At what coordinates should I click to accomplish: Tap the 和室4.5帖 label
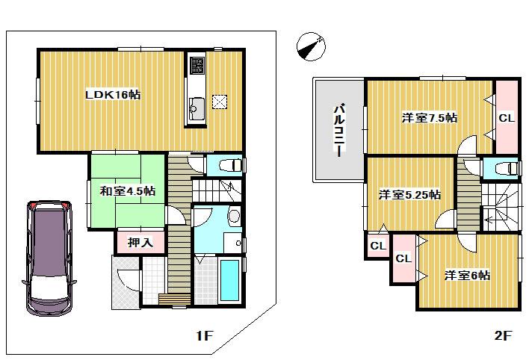coord(128,191)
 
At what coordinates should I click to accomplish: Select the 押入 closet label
coord(139,242)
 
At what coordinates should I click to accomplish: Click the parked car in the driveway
coord(49,256)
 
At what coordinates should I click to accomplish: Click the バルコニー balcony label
coord(338,129)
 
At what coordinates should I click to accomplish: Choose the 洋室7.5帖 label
coord(429,118)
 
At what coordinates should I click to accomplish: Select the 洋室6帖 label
coord(467,275)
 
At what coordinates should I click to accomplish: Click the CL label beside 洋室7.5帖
coord(506,118)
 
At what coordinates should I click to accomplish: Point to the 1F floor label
coord(205,337)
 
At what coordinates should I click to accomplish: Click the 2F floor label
coord(502,337)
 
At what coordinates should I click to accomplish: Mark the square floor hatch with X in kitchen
coord(220,102)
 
